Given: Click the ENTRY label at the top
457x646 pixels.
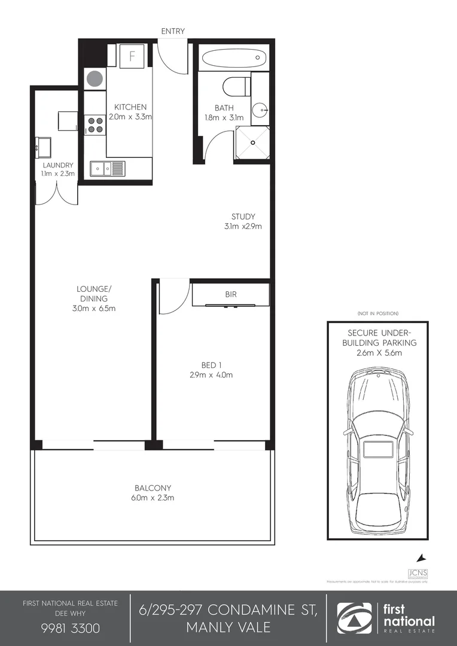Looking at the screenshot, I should pos(173,31).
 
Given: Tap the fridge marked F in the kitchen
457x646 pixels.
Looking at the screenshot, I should pos(132,57).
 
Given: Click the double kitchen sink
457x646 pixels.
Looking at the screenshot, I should pos(106,168).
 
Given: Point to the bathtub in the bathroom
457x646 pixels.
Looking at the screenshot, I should pos(233,59).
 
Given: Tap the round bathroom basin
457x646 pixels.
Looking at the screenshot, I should pos(260,111).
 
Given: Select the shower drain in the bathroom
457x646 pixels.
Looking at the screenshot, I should pos(253,143).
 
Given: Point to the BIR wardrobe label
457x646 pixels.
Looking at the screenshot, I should pos(230,295).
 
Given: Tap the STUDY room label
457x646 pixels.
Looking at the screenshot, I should pos(243,217).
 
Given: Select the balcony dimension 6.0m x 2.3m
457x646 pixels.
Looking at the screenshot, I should pos(153,497).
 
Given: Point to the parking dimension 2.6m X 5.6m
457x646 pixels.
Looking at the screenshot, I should pos(378,353).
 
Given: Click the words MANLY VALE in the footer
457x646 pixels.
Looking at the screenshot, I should pos(228,627).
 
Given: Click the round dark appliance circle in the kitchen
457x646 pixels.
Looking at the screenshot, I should pos(94,78).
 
